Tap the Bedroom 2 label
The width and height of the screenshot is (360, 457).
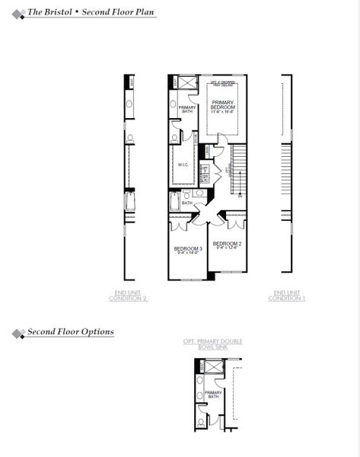(x=228, y=245)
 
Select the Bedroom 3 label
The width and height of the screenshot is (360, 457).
(x=187, y=251)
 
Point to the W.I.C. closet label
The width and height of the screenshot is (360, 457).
(x=183, y=164)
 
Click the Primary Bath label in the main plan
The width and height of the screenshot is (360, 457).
(x=187, y=110)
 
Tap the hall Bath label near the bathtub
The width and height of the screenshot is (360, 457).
(x=186, y=203)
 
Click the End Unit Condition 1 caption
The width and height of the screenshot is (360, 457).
(x=287, y=296)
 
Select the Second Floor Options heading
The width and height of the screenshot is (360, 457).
(x=71, y=332)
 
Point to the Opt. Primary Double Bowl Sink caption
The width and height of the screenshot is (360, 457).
(x=213, y=344)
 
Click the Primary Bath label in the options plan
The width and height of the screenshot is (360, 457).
(x=213, y=395)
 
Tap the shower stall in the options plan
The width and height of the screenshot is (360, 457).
(x=215, y=366)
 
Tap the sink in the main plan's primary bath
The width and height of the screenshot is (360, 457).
(x=174, y=104)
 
